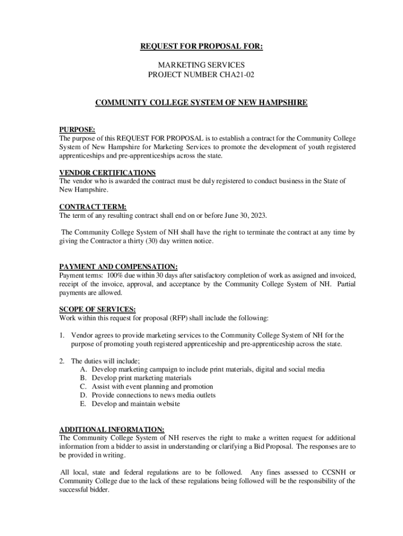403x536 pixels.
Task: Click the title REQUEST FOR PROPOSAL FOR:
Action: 201,47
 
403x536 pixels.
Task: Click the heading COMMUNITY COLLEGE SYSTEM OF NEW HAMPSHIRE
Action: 201,103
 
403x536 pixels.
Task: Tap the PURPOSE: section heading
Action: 77,129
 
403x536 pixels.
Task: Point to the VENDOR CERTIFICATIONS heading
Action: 107,173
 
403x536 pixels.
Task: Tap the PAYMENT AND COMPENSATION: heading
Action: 118,266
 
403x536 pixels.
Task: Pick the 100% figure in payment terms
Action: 114,275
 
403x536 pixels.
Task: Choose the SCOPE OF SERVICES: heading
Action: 98,309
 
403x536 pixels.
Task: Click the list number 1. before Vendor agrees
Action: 62,335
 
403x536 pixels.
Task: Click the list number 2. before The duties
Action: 62,361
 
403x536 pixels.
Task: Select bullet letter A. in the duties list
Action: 83,370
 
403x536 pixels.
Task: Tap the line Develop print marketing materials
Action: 141,378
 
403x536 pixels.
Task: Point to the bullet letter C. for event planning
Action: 83,387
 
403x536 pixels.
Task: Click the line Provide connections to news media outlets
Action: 153,395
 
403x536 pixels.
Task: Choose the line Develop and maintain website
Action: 136,404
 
